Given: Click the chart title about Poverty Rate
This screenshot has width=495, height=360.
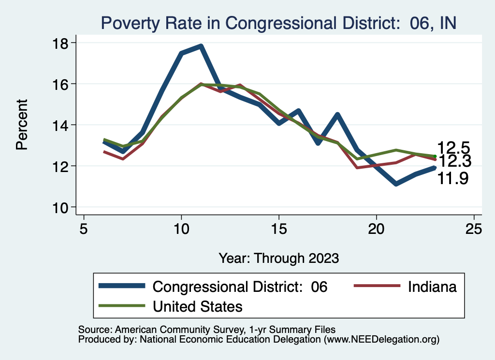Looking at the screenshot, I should click(278, 23).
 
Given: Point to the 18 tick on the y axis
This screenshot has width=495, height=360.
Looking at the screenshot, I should click(62, 43).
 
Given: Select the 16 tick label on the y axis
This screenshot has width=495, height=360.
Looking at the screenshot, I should click(62, 84).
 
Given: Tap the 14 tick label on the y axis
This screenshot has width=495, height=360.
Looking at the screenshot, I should click(62, 125).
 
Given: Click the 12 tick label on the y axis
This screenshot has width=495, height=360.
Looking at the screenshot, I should click(62, 166).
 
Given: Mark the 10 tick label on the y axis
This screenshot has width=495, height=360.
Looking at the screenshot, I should click(62, 207).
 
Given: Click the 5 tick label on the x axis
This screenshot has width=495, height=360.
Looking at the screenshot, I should click(84, 229).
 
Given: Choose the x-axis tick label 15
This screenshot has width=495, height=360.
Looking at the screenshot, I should click(278, 229).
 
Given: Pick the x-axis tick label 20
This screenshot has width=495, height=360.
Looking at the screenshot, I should click(376, 229).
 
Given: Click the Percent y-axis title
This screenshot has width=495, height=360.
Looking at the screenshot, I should click(22, 125).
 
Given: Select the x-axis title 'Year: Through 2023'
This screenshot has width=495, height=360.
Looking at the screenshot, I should click(278, 258).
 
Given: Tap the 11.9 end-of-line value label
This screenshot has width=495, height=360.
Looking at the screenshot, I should click(453, 179).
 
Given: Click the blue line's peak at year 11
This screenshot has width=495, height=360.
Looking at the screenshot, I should click(201, 46).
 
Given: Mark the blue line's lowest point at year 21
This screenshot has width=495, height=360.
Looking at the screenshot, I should click(396, 184).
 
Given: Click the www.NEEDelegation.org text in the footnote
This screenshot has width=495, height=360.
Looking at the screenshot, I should click(381, 340).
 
